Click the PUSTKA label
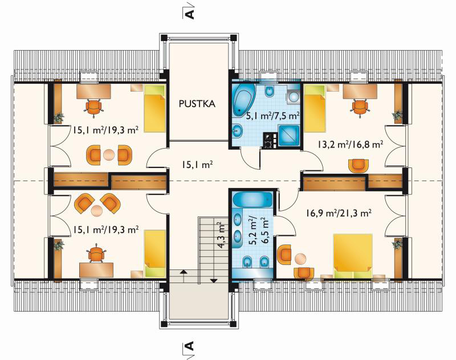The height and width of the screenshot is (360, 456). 197,104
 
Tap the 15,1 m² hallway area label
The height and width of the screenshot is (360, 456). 197,165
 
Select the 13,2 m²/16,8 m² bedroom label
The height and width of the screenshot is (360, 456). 350,145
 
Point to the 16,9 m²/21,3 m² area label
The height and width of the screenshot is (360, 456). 338,214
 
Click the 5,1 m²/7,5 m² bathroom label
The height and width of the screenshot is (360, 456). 272,116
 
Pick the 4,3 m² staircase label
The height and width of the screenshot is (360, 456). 222,236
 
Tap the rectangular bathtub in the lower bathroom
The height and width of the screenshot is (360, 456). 253,199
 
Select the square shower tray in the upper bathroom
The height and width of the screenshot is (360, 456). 289,136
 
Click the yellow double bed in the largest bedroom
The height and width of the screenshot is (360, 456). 353,256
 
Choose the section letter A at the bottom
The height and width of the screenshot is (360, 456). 190,346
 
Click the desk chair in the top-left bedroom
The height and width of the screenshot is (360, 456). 93,108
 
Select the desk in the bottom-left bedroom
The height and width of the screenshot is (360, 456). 96,270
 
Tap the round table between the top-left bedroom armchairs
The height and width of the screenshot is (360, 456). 109,155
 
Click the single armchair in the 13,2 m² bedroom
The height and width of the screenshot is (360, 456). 359,166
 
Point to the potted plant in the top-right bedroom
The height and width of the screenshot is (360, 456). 397,116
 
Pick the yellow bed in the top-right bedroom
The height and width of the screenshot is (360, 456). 315,108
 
